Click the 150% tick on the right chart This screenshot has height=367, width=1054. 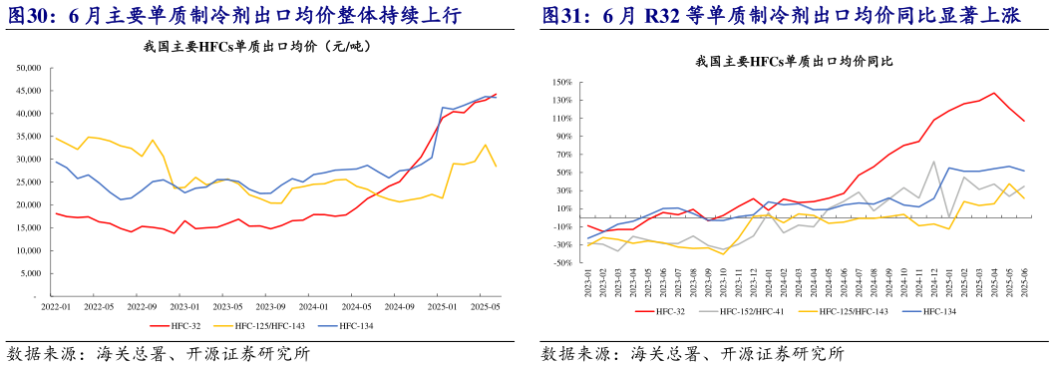click(558, 83)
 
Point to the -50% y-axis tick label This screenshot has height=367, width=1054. click(558, 262)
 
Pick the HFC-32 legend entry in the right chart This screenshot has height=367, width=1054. click(663, 312)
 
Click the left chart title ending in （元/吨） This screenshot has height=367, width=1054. click(266, 48)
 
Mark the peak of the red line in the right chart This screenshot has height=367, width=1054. click(994, 93)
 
